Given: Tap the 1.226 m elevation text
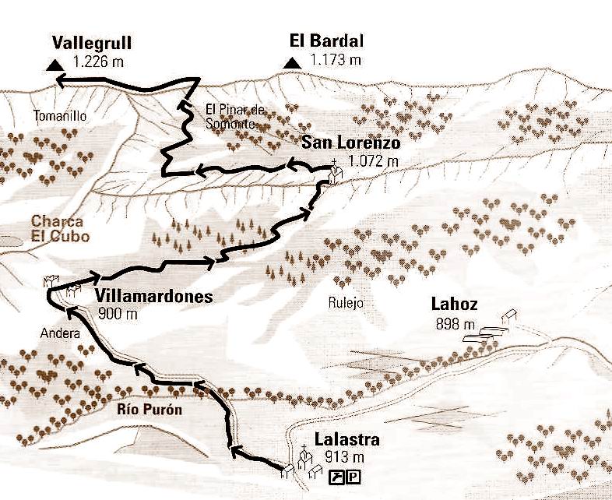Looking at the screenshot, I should [x=97, y=60].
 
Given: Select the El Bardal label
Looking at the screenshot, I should [x=326, y=42].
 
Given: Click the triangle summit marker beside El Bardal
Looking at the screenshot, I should [x=292, y=63].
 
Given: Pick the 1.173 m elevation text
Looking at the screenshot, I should [x=335, y=60].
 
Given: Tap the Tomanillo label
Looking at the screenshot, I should [x=59, y=116].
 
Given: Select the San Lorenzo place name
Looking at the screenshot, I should [x=351, y=143].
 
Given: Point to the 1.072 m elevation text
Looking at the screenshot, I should [x=373, y=161].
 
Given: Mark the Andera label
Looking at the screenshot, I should [x=60, y=334].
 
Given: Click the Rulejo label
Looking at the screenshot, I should [x=347, y=304].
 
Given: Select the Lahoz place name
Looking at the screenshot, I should [x=455, y=305].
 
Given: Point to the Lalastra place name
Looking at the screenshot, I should [x=348, y=441].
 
